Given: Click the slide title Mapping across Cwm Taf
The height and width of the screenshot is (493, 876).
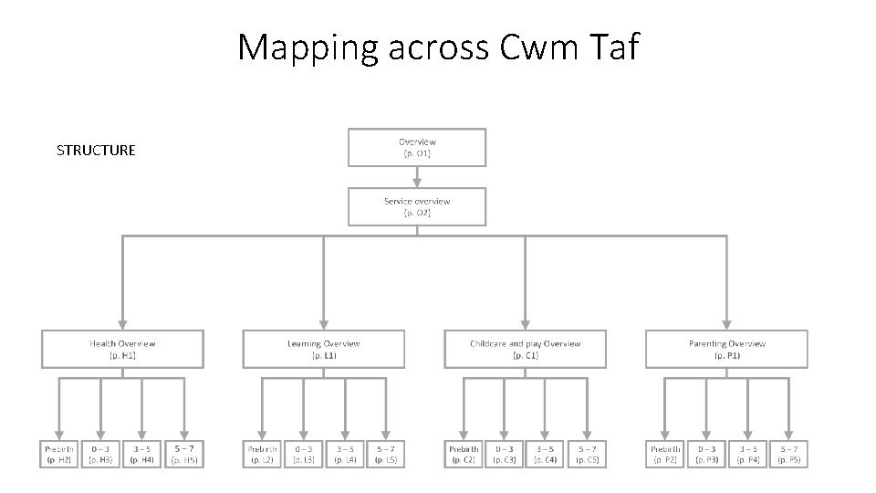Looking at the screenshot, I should click(x=438, y=47).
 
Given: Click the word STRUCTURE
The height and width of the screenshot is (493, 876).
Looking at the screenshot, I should click(x=96, y=150).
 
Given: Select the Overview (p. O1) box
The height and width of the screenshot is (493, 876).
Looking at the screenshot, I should click(x=417, y=147).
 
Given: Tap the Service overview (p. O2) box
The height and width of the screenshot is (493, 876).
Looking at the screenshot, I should click(x=417, y=206).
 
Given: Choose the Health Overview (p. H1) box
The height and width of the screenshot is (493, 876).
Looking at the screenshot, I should click(x=122, y=349).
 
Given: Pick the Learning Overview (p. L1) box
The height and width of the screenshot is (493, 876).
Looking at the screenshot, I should click(x=323, y=349).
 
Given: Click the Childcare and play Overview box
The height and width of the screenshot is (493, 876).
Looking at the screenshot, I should click(x=525, y=349).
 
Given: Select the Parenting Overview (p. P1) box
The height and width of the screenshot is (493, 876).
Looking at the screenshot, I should click(x=726, y=349).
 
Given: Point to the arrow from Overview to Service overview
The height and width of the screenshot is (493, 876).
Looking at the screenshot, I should click(x=417, y=177).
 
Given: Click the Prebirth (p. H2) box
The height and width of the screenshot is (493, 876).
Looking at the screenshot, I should click(x=59, y=454).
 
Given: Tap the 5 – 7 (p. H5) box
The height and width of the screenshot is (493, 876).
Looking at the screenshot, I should click(x=184, y=454).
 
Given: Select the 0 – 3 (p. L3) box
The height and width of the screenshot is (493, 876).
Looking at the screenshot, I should click(x=304, y=454).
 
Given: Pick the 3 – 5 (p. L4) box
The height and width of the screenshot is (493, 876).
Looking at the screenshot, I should click(x=345, y=454).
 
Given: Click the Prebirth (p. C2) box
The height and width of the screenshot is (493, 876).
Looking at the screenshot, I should click(x=464, y=454).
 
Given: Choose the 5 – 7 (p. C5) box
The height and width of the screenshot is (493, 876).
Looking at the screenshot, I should click(x=588, y=454).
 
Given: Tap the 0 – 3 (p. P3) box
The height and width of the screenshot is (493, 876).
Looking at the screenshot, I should click(x=706, y=454).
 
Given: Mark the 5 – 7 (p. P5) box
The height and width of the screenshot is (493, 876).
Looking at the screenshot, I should click(x=789, y=454).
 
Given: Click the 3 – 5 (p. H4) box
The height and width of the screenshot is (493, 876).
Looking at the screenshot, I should click(x=142, y=454).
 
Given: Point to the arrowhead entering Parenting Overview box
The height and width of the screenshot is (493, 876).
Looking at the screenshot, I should click(x=726, y=323).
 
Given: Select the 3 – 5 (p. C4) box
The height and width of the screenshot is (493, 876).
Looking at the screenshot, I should click(x=546, y=454).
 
